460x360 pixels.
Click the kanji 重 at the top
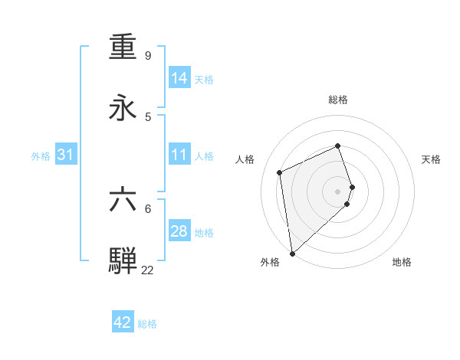tap(123, 47)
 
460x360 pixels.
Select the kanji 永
tap(123, 108)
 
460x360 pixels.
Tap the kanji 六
tap(123, 200)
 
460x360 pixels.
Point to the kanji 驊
tap(123, 260)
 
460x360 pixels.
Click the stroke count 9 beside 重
tap(148, 55)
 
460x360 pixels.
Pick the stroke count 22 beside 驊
tap(147, 270)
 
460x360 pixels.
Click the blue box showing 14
tap(179, 78)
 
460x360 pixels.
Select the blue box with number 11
tap(179, 155)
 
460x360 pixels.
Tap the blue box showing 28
tap(179, 231)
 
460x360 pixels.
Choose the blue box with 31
tap(66, 155)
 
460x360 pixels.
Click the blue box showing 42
tap(123, 322)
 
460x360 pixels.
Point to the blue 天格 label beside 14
tap(204, 80)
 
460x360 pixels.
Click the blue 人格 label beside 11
tap(204, 156)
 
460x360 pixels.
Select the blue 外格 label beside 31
tap(41, 156)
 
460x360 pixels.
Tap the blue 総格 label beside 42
tap(147, 324)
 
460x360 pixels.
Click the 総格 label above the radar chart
tap(338, 100)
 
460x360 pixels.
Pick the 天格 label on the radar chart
tap(432, 159)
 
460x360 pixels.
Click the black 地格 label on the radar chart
tap(402, 262)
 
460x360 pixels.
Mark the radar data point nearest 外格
tap(292, 253)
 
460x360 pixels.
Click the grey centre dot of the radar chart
tap(338, 191)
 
